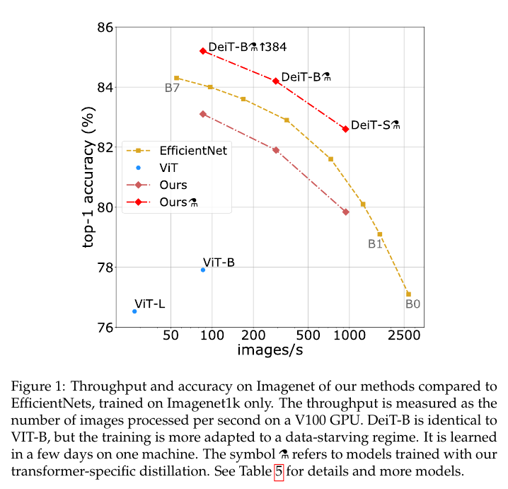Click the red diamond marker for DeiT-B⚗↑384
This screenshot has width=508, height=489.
(203, 51)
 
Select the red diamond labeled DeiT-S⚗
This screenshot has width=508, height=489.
(345, 129)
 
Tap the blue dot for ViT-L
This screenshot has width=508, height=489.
(134, 311)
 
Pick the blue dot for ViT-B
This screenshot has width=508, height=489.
(203, 270)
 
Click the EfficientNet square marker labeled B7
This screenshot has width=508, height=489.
(176, 78)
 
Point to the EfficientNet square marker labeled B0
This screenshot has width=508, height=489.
(408, 294)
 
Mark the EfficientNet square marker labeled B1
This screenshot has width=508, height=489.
(380, 234)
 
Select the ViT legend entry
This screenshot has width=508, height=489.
(169, 168)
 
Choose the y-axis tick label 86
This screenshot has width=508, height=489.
(104, 28)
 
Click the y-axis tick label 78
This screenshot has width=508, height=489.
(104, 267)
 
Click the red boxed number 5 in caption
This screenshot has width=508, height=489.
(278, 469)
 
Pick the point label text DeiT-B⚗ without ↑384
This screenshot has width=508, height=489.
(306, 76)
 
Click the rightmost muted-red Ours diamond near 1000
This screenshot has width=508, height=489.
(345, 212)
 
